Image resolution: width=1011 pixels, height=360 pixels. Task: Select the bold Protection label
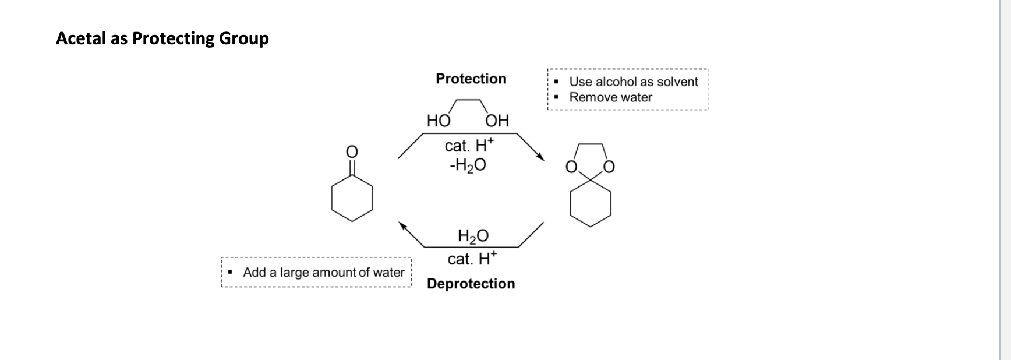point(471,79)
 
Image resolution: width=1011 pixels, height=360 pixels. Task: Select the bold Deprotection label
point(471,284)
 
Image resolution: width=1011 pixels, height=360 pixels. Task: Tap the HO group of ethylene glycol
point(438,121)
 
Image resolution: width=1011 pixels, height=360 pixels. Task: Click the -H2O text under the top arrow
point(467,166)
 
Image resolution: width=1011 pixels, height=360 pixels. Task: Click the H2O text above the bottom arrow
point(473,236)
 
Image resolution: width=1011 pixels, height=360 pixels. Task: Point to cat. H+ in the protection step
point(469,145)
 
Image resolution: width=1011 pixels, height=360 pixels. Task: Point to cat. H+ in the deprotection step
point(472,259)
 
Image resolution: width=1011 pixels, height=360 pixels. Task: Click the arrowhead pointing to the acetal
point(541,157)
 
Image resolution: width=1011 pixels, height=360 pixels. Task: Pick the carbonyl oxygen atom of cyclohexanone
point(352,151)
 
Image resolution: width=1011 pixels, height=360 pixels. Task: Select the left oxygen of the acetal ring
point(571,168)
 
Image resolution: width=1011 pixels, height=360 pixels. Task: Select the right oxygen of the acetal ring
point(609,168)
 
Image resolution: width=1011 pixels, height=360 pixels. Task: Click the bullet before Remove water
point(557,97)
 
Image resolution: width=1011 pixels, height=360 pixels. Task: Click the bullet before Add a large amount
point(231,272)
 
